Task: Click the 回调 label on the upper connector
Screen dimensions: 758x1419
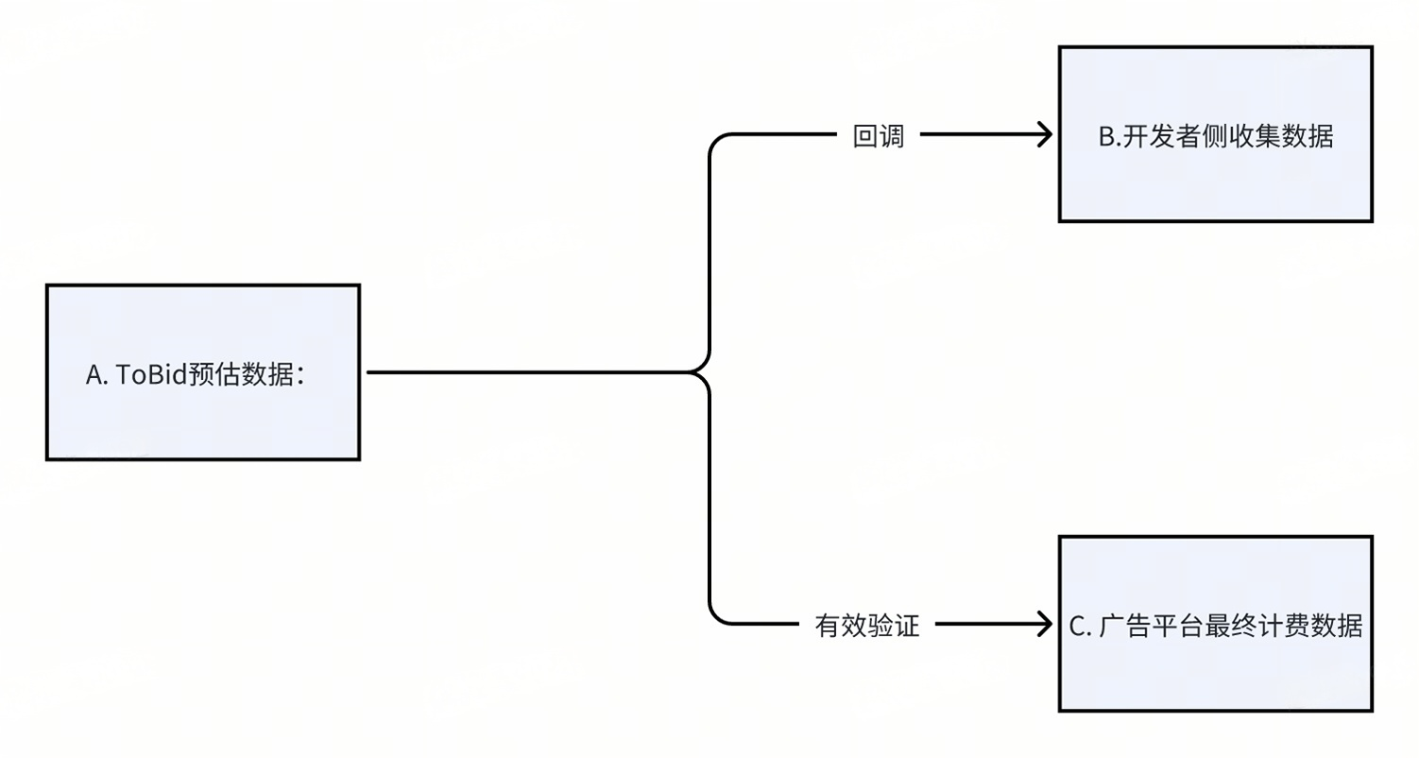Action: pos(879,137)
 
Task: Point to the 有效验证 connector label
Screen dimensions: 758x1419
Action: pos(866,626)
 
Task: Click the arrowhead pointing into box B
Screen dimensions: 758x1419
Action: pos(1045,135)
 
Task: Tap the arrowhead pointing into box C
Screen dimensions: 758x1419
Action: pos(1045,624)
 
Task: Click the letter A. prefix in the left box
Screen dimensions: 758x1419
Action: pos(96,375)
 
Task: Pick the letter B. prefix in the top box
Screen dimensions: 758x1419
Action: pos(1110,137)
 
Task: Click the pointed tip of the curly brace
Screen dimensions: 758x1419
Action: pos(697,372)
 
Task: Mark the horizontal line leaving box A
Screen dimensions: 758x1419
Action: pos(520,372)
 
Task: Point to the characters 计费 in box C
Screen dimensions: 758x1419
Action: pos(1284,626)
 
